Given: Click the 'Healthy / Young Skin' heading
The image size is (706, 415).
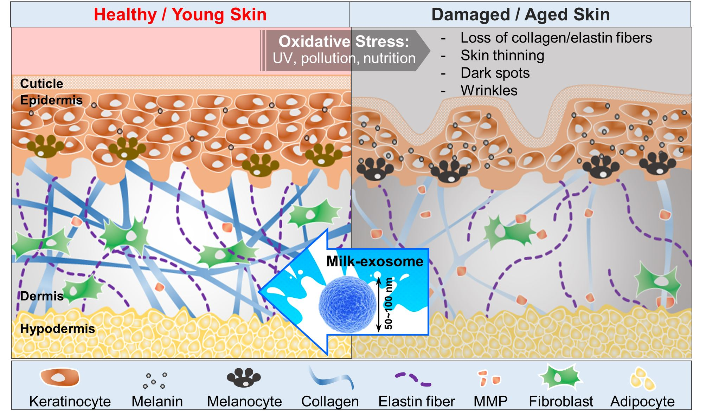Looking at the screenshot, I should click(x=180, y=15).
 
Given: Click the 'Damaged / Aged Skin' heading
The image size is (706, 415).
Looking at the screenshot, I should click(x=520, y=15).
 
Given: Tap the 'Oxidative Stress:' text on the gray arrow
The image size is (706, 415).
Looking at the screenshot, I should click(x=344, y=41).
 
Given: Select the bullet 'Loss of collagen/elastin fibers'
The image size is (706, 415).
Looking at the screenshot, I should click(x=556, y=38).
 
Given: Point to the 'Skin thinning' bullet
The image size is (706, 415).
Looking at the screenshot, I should click(x=502, y=56).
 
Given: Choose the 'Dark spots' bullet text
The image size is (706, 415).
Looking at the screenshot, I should click(x=495, y=73).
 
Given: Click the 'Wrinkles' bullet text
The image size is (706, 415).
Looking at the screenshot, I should click(x=489, y=91).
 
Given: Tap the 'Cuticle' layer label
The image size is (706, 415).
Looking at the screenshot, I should click(x=41, y=84).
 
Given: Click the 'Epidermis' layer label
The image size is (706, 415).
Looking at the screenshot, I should click(x=51, y=100).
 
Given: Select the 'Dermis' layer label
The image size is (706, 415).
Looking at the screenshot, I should click(x=42, y=296).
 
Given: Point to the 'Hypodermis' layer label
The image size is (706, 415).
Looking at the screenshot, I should click(x=58, y=329).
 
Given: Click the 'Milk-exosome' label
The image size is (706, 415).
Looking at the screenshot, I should click(x=374, y=261).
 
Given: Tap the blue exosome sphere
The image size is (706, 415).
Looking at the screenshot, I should click(x=347, y=304).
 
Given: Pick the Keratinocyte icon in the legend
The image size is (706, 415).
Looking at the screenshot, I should click(x=59, y=377).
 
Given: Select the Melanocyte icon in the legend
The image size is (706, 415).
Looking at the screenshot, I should click(x=244, y=377).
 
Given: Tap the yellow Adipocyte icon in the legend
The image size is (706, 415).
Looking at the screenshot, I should click(x=642, y=379).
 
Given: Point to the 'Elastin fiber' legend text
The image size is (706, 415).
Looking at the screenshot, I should click(x=416, y=401).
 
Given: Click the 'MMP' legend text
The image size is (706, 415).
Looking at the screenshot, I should click(x=490, y=401).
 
